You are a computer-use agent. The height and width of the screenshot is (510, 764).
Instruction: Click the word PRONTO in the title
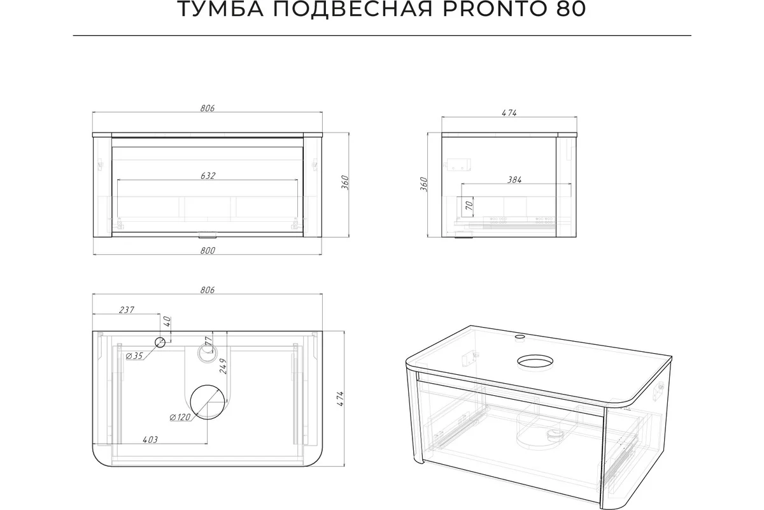coord(496,9)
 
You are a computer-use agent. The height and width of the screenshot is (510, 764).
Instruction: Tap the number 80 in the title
coord(571,9)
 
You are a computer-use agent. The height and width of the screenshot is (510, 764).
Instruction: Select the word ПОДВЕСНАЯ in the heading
coord(353,9)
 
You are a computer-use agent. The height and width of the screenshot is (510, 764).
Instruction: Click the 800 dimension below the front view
coord(208,251)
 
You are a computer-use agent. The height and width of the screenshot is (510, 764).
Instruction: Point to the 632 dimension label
coord(208,175)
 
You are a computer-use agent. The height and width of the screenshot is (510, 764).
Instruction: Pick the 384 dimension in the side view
coord(514,180)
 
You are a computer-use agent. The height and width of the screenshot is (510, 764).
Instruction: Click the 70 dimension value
coord(469,205)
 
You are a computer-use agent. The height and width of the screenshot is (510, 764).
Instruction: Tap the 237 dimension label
coord(127,310)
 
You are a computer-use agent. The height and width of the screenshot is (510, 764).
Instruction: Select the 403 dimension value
coord(150,440)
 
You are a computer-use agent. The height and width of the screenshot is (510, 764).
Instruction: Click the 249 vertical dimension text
coord(223,366)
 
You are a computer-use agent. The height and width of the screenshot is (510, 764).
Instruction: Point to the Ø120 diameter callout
coord(180,417)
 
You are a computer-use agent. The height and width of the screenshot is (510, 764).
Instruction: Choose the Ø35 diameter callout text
coord(134,356)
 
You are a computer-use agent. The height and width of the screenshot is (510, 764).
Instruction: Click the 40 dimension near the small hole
coord(167,321)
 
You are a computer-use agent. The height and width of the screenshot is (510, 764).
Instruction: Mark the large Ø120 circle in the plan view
coord(208,385)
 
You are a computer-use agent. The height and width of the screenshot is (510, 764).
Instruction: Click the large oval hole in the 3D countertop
coord(535,355)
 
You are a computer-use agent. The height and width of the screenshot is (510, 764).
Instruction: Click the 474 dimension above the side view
coord(509,113)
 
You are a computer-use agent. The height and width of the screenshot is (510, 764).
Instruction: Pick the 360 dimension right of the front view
coord(345,183)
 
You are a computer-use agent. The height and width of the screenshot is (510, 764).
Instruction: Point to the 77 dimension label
coord(209,341)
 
